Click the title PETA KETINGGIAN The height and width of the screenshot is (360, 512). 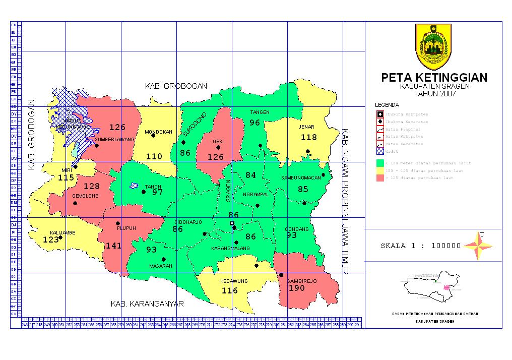pos(434,78)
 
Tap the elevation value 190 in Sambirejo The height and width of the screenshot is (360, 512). pos(297,288)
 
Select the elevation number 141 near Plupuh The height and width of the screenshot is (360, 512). pos(113,246)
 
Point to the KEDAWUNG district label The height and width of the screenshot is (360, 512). pos(232,281)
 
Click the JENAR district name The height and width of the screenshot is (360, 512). pos(306,127)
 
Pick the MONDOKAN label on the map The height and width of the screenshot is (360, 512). pos(158,133)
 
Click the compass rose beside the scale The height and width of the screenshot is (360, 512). pos(478,246)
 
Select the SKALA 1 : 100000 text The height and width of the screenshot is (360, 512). pos(421,246)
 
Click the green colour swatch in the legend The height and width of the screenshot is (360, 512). pos(379,163)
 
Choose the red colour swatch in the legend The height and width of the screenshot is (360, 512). pos(379,178)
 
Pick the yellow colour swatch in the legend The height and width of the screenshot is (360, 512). pos(379,170)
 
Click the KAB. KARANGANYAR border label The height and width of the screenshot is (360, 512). pos(147,304)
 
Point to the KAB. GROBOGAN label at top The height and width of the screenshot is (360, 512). pos(176,86)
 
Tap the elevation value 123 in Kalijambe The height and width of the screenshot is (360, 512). pos(51,240)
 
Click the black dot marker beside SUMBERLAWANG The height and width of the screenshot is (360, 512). pos(97,146)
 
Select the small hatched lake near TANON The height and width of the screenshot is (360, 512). pos(134,186)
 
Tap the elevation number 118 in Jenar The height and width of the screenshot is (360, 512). pos(308,137)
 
